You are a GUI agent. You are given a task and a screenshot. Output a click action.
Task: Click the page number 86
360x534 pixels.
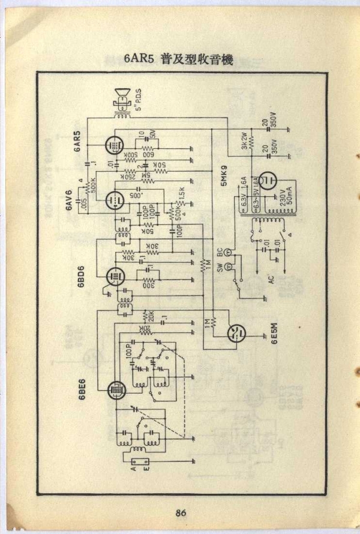pos(181,512)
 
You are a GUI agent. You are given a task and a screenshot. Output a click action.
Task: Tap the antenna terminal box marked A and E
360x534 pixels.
pos(140,461)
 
